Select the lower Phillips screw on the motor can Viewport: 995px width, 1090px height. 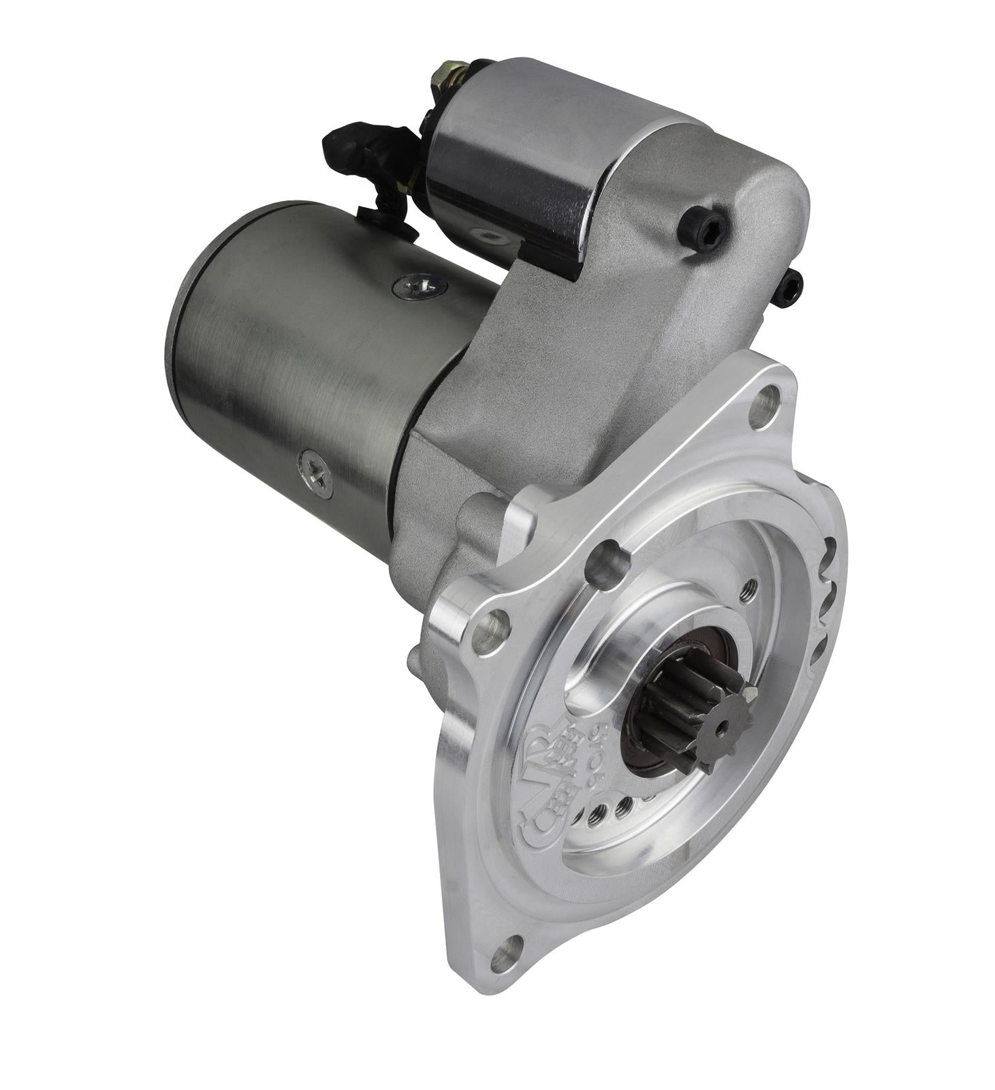[315, 469]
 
